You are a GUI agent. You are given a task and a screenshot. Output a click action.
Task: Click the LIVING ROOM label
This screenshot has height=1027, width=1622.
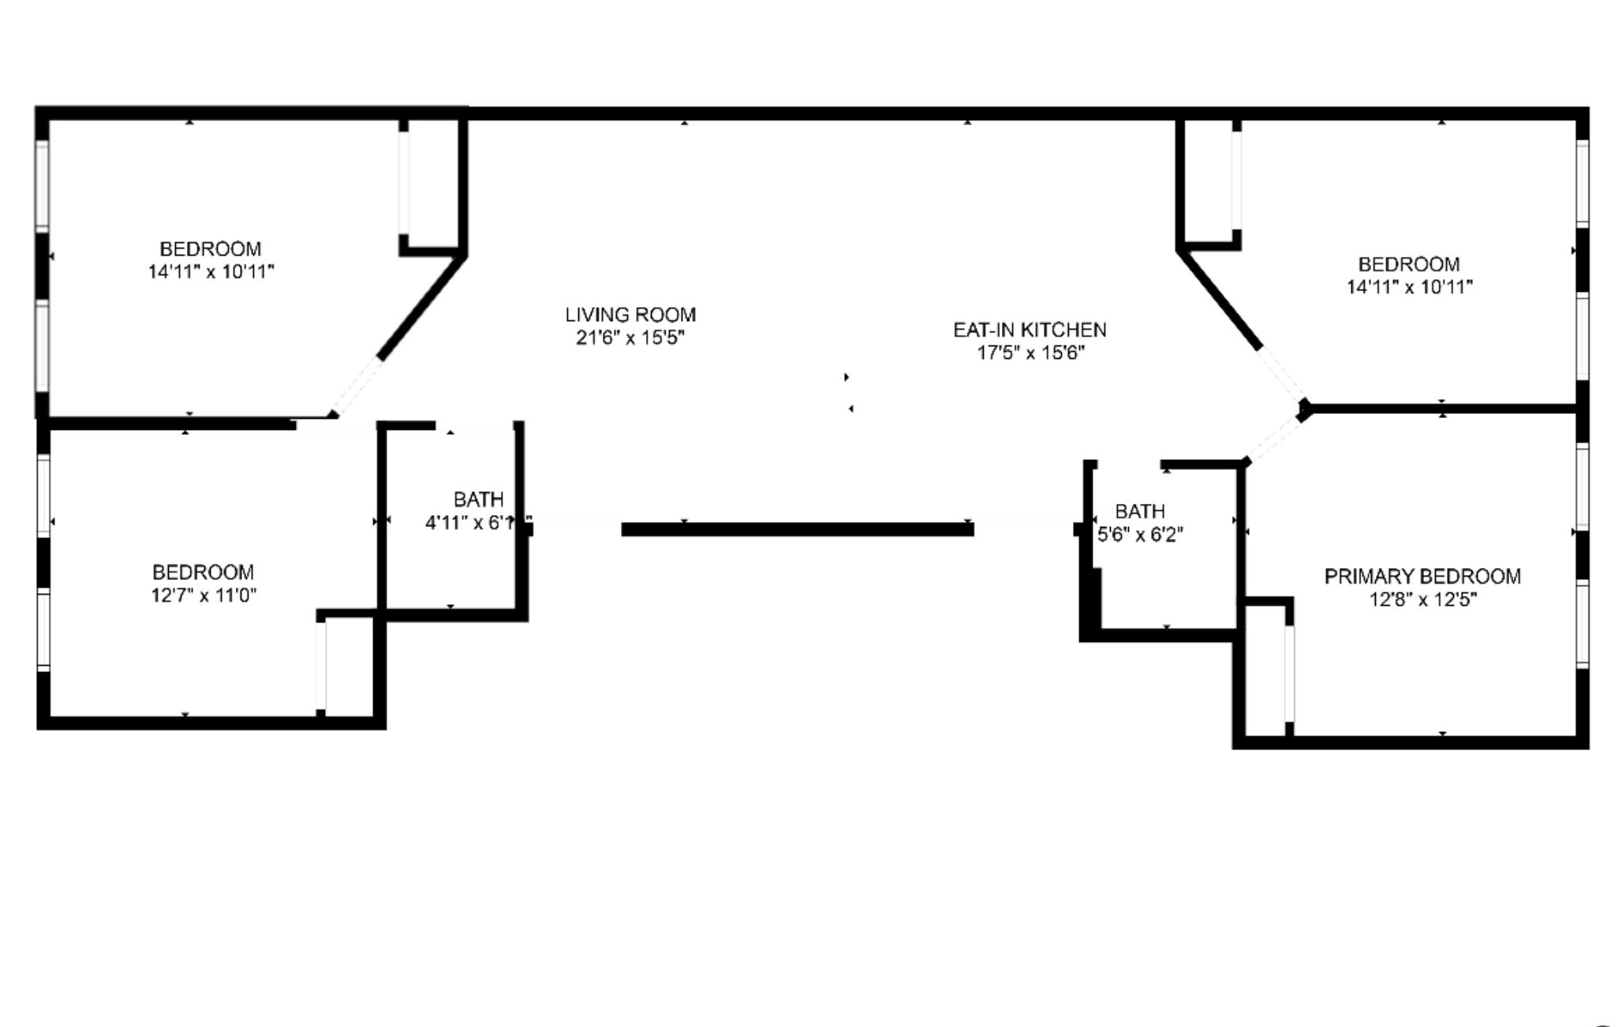(x=630, y=315)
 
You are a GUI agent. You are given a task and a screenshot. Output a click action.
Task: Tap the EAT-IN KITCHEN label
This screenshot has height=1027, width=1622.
(x=1029, y=330)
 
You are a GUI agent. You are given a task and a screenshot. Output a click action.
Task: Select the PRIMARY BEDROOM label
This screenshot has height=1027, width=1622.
(x=1422, y=577)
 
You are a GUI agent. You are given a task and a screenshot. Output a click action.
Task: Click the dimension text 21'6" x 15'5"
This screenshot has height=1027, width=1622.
(x=630, y=338)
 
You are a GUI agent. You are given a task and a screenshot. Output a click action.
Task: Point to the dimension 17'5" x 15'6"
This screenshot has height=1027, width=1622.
(x=1030, y=353)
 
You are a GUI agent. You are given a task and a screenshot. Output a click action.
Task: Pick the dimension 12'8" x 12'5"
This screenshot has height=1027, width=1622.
(x=1422, y=600)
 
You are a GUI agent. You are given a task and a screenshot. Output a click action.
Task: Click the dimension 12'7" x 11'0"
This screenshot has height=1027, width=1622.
(x=204, y=596)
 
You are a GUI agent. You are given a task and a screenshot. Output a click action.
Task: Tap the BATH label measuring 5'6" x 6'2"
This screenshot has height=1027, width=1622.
(x=1139, y=511)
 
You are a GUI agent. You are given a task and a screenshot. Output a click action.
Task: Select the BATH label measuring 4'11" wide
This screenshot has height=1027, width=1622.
(x=478, y=499)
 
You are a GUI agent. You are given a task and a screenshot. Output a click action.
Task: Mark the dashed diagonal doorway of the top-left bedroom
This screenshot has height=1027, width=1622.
(x=357, y=386)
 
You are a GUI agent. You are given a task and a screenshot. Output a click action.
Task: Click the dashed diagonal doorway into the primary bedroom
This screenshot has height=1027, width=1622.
(x=1273, y=439)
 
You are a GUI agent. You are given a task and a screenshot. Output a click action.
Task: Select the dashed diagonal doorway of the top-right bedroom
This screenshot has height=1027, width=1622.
(x=1281, y=375)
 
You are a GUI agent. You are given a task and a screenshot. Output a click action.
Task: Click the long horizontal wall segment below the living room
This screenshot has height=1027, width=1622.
(x=797, y=529)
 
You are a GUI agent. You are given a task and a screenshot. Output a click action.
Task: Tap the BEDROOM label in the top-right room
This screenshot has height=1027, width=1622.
(x=1408, y=264)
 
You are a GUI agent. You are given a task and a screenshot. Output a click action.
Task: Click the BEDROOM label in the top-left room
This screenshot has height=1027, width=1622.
(x=210, y=249)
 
